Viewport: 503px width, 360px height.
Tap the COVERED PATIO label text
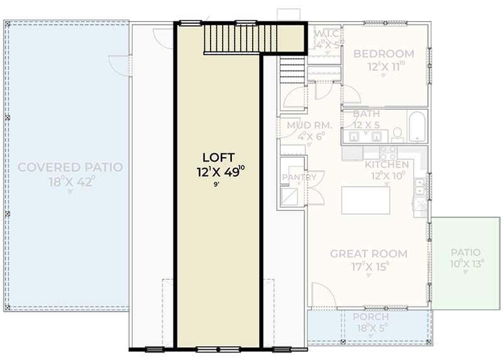click(x=70, y=167)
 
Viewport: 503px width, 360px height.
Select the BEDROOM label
click(x=384, y=53)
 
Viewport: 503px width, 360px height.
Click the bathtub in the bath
click(x=417, y=127)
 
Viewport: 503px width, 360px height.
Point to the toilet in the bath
click(x=397, y=134)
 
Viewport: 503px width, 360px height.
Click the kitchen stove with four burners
click(x=388, y=152)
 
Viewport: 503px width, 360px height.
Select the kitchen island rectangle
click(x=365, y=200)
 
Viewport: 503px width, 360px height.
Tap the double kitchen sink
click(x=419, y=186)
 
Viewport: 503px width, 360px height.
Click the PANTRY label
click(x=294, y=177)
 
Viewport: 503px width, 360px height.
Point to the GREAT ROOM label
click(x=368, y=254)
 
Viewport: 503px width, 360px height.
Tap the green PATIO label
click(x=465, y=253)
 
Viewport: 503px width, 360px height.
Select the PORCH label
click(x=370, y=317)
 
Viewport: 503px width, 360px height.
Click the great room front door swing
click(x=323, y=295)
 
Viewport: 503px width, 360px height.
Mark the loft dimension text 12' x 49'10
click(x=219, y=172)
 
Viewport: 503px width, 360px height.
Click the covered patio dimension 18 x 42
click(x=70, y=182)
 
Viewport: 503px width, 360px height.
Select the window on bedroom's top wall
click(x=385, y=23)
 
